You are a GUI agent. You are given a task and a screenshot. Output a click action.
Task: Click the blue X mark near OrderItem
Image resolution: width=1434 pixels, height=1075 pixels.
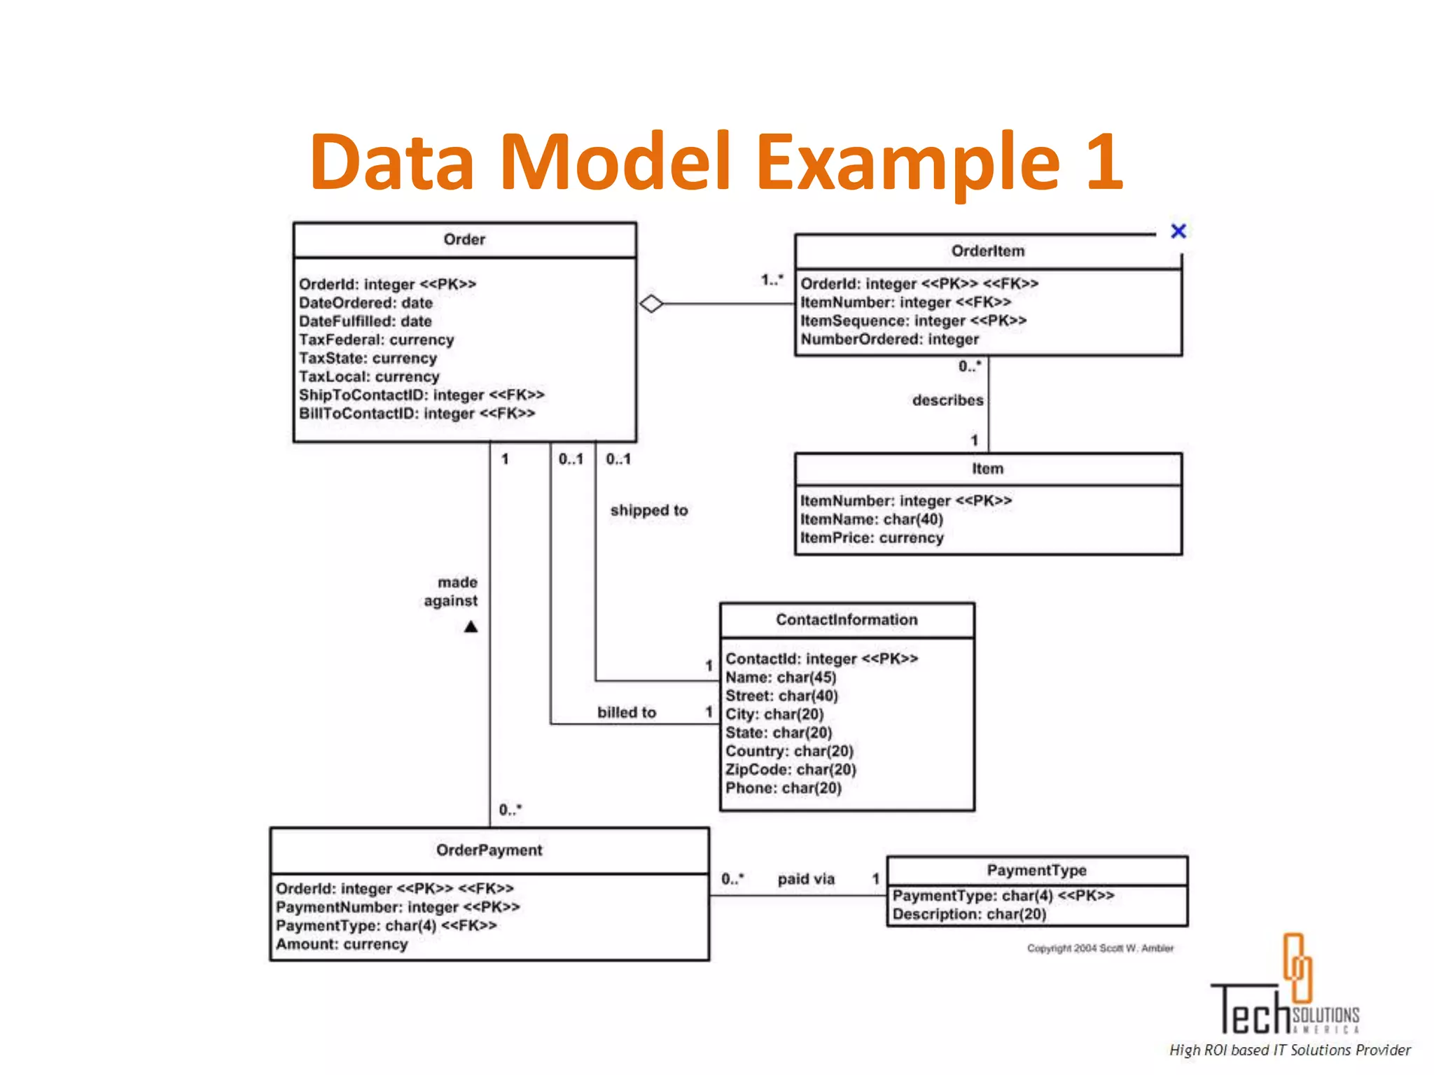[x=1178, y=231]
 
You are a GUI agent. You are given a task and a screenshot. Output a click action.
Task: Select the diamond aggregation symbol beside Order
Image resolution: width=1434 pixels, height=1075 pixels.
[x=651, y=304]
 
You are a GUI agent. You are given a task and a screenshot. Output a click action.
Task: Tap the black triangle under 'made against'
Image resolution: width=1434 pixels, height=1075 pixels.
[x=471, y=627]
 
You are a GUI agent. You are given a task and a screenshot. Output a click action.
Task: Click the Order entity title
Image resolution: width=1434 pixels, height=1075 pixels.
[x=464, y=240]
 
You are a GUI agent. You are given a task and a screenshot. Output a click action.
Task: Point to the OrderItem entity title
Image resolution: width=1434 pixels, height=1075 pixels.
[x=987, y=251]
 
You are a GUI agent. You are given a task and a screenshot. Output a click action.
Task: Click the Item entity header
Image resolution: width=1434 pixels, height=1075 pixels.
[x=987, y=469]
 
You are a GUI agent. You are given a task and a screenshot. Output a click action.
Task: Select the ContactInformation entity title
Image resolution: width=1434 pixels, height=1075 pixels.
[x=846, y=620]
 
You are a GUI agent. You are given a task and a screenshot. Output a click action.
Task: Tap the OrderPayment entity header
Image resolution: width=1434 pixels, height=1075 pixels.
[x=489, y=850]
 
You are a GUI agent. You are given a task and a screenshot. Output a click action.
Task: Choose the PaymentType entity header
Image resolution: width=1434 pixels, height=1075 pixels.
[x=1036, y=871]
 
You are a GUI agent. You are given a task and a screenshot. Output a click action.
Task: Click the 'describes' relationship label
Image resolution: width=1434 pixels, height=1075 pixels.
[x=947, y=400]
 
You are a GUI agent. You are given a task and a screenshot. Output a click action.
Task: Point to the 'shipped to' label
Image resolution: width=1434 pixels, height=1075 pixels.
[x=648, y=511]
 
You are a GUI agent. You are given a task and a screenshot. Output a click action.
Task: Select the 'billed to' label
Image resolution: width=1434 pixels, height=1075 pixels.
[x=627, y=712]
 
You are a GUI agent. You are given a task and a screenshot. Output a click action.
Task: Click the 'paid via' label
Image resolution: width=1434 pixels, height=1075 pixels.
[x=806, y=879]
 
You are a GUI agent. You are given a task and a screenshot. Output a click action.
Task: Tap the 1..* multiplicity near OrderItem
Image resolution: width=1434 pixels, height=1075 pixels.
[x=772, y=280]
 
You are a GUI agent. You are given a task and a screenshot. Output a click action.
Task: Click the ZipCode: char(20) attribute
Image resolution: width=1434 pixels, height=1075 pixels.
[x=791, y=770]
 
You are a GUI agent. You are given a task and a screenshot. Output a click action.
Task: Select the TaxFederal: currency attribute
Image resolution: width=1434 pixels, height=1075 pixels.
[x=376, y=340]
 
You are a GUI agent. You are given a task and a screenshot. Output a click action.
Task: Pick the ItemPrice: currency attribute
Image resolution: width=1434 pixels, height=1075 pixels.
[x=872, y=538]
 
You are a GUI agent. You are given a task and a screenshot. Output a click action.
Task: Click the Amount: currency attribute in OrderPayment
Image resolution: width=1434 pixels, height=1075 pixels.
[x=341, y=944]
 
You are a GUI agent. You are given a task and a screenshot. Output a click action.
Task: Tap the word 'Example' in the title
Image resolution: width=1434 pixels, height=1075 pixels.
[x=907, y=162]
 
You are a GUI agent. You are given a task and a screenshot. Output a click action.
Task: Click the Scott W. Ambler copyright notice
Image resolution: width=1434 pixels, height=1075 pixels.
[x=1100, y=948]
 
